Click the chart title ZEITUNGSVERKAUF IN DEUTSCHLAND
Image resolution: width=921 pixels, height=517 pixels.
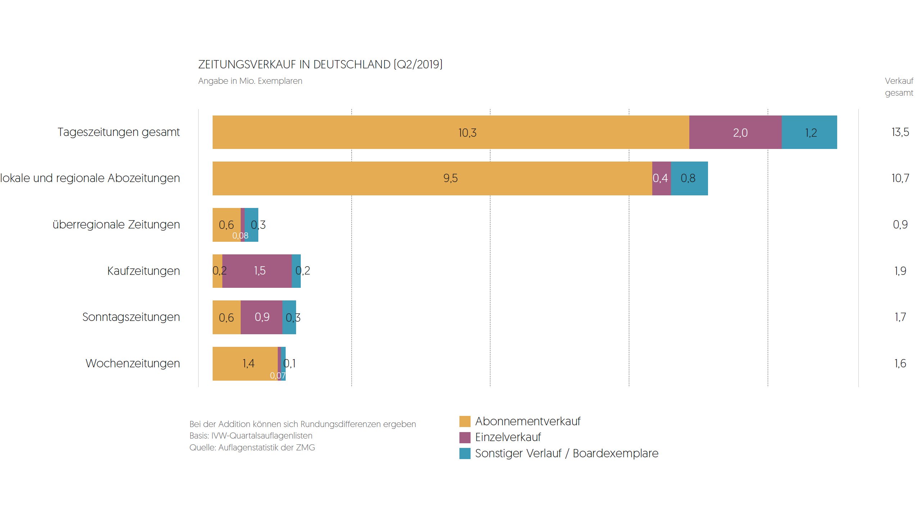click(x=320, y=64)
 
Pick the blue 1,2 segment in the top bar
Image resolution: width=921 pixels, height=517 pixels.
click(x=809, y=132)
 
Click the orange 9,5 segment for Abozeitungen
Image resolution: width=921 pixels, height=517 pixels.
click(x=432, y=178)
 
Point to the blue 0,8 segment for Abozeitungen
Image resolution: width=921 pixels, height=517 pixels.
click(x=689, y=178)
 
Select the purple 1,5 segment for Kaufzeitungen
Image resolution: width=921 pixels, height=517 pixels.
click(x=257, y=271)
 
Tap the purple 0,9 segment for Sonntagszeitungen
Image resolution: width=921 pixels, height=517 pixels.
click(x=261, y=317)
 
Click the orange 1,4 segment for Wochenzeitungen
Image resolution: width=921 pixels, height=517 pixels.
click(x=245, y=363)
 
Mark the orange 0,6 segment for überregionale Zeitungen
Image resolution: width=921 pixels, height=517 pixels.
click(x=226, y=225)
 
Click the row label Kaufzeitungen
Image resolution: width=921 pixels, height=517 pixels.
click(x=144, y=271)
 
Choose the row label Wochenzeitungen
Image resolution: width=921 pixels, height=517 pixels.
click(x=133, y=363)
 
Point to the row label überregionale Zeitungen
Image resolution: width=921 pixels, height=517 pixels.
click(x=116, y=225)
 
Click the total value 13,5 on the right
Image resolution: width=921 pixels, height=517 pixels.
click(x=900, y=132)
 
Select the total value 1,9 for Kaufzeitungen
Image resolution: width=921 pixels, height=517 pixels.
click(x=900, y=271)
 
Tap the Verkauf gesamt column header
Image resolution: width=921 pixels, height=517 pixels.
click(x=899, y=87)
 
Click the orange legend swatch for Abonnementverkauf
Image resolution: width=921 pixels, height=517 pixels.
click(x=465, y=421)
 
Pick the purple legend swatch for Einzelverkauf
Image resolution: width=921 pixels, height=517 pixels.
click(x=465, y=437)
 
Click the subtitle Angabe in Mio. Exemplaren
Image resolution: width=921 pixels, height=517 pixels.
click(x=250, y=81)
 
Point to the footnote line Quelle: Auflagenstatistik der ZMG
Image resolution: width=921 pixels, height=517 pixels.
click(x=252, y=448)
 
